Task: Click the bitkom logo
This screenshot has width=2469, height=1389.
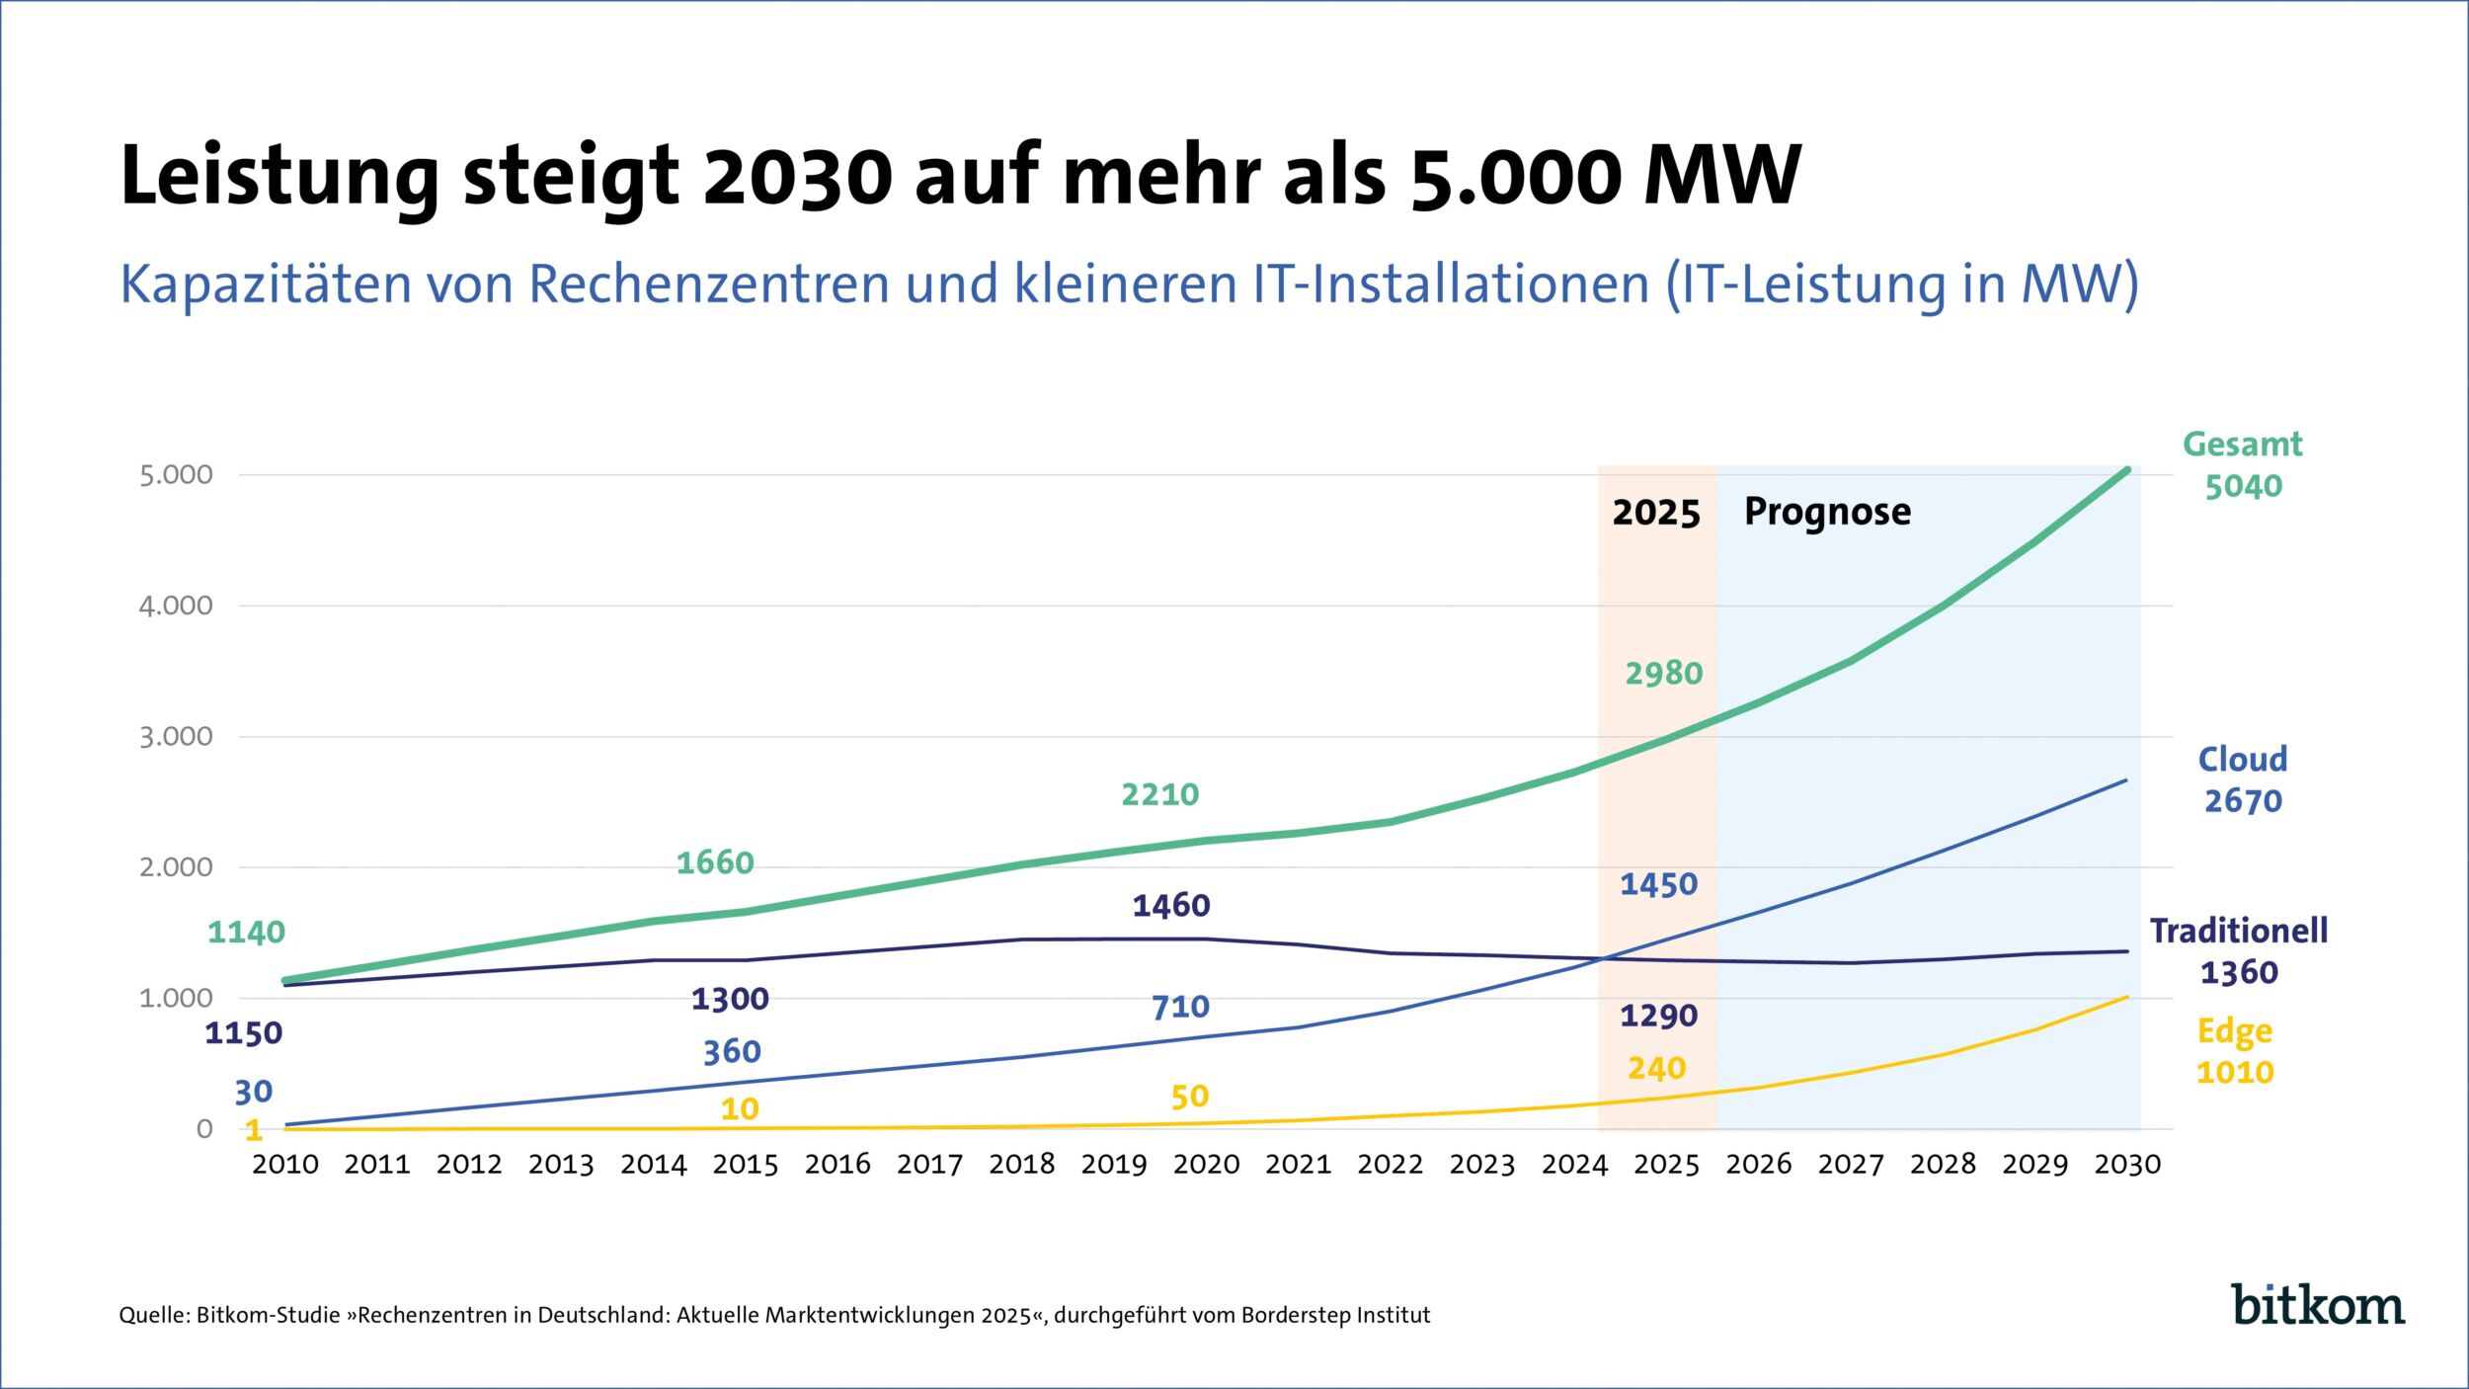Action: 2317,1304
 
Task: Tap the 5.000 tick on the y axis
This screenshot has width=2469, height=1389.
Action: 176,475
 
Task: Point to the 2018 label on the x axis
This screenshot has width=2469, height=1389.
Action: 1021,1165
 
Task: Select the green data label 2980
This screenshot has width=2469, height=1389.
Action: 1664,674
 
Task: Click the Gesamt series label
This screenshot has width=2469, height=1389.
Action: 2242,445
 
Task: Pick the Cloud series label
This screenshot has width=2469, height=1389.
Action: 2242,760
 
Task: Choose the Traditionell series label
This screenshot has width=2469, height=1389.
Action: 2238,931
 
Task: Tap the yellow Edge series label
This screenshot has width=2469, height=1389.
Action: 2234,1032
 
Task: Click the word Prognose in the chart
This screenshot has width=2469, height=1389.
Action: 1827,513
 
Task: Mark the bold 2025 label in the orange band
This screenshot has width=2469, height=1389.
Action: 1656,513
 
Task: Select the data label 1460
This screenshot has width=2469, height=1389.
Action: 1170,906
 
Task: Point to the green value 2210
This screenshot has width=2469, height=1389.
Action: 1159,795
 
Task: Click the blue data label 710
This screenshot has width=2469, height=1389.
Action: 1180,1008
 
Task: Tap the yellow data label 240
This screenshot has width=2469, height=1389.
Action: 1656,1069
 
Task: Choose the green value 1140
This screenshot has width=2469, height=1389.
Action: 246,933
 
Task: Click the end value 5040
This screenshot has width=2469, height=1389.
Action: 2243,487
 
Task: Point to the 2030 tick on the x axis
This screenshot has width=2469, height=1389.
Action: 2127,1165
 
